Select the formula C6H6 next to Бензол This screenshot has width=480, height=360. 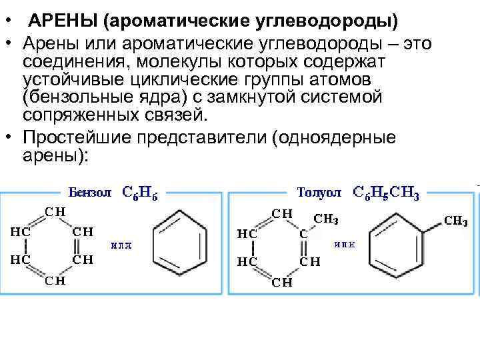pyautogui.click(x=139, y=193)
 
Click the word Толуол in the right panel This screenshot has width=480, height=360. pyautogui.click(x=319, y=193)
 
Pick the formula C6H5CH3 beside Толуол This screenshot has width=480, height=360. pyautogui.click(x=386, y=193)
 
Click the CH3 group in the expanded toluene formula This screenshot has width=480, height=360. pyautogui.click(x=326, y=218)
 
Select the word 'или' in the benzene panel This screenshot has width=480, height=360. pyautogui.click(x=121, y=245)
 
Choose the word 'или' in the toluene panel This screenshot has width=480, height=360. pyautogui.click(x=344, y=244)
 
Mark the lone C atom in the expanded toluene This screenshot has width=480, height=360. pyautogui.click(x=303, y=234)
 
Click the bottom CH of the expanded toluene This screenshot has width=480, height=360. pyautogui.click(x=281, y=281)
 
